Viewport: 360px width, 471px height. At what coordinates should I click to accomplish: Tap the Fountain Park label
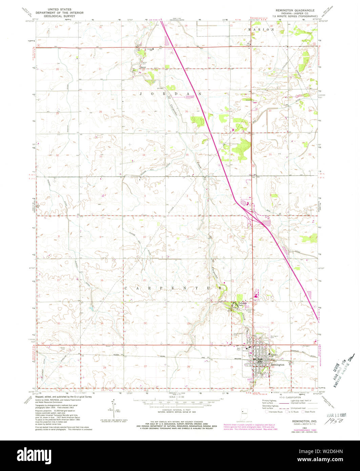point(241,304)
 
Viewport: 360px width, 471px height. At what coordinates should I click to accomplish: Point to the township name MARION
point(262,30)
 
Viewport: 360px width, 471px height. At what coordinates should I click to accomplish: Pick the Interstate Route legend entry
point(275,412)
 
